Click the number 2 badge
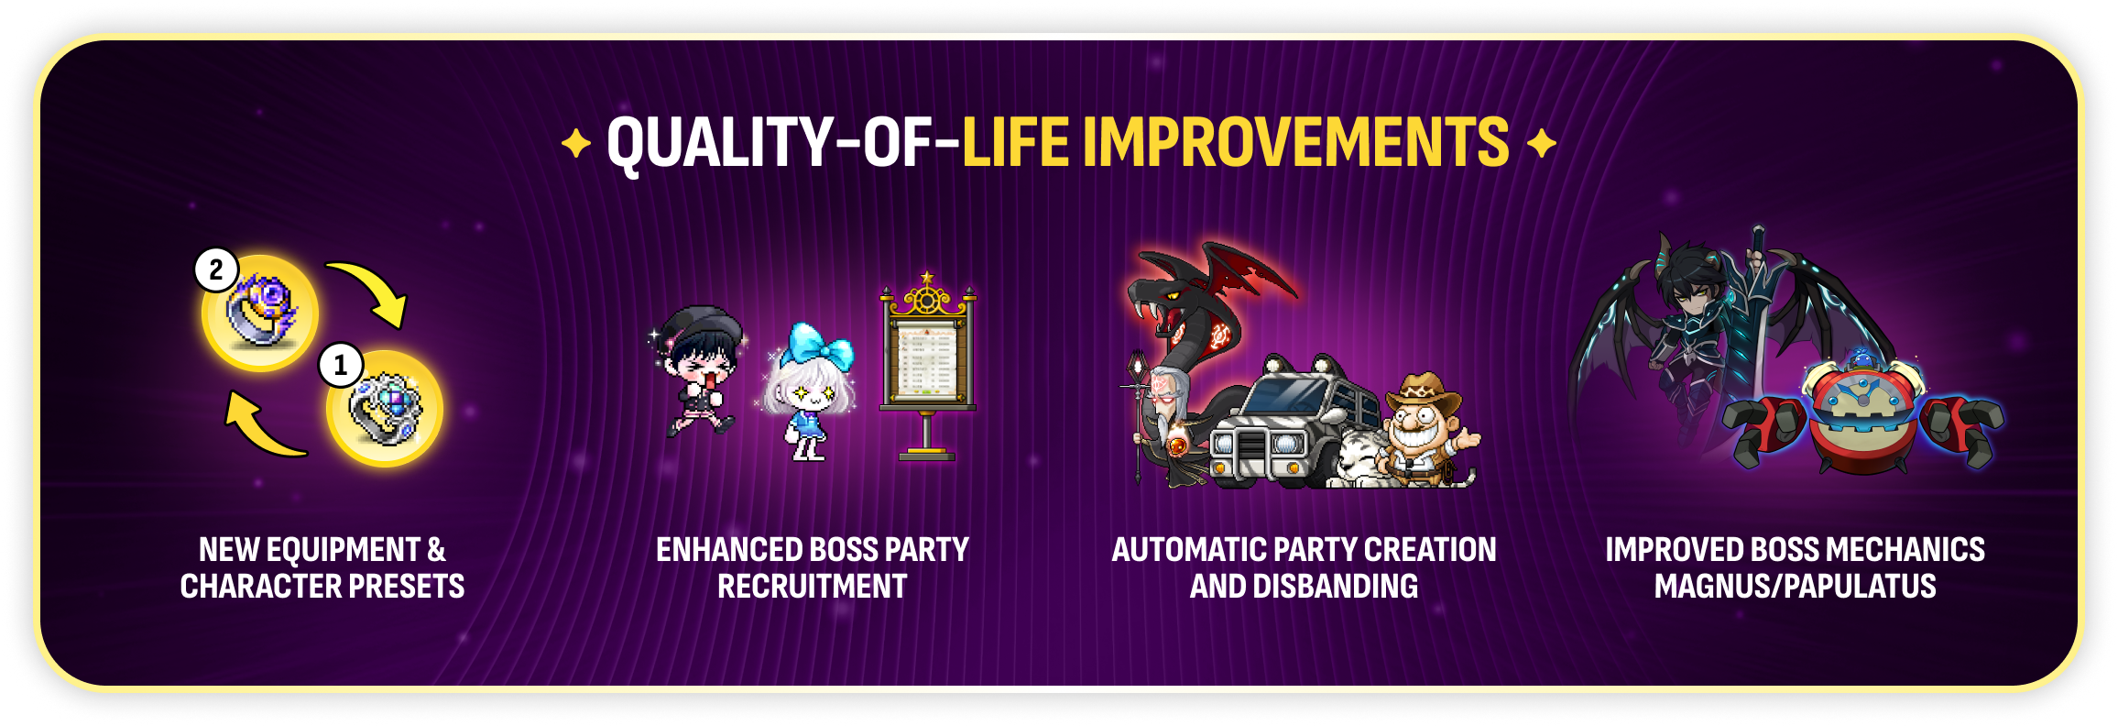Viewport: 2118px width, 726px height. [216, 269]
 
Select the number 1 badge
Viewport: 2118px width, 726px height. [341, 365]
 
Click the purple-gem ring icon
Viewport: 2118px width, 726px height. [261, 313]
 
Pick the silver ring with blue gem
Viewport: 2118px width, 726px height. [385, 410]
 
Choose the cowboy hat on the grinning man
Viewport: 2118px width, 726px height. [1424, 393]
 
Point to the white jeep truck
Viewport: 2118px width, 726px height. [1292, 422]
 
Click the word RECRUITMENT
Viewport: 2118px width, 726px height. [813, 587]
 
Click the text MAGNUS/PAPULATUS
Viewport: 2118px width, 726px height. [1796, 587]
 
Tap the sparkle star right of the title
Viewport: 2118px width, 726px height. [1542, 143]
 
